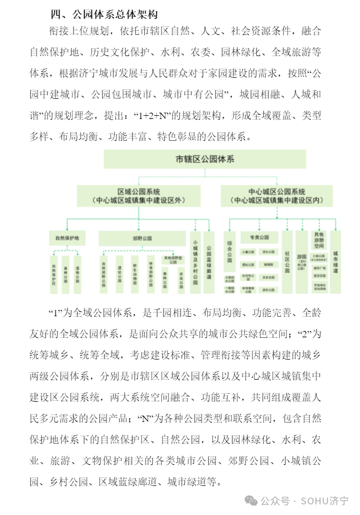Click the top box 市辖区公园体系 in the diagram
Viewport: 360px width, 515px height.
tap(205, 159)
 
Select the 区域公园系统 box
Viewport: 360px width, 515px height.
tap(138, 196)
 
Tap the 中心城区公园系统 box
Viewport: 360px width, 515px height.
tap(276, 196)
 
